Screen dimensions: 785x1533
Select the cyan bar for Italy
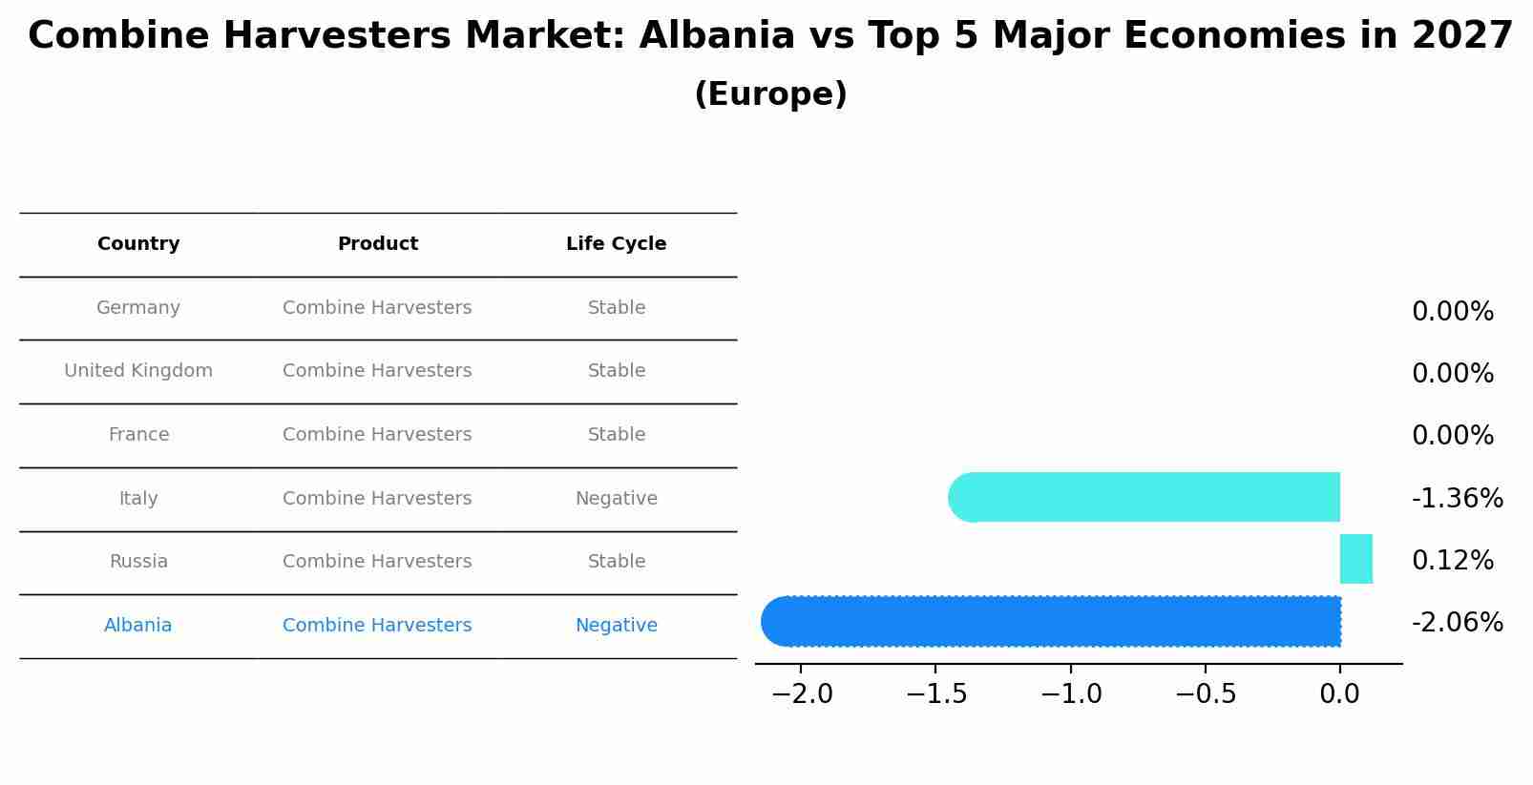pos(1145,497)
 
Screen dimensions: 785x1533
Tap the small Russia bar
pos(1355,559)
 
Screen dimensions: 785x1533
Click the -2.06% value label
pos(1457,623)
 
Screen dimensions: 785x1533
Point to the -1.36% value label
pos(1457,498)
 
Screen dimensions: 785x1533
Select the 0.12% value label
pos(1452,561)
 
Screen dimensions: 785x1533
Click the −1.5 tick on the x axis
pos(935,694)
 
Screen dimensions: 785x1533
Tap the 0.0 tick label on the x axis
pos(1339,694)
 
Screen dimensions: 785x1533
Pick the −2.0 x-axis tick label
pos(801,694)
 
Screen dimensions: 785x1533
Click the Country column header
pos(138,244)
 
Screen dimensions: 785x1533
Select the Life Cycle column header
pos(616,244)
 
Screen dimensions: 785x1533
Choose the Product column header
pos(377,244)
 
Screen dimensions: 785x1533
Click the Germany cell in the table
pos(138,308)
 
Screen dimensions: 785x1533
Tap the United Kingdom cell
pos(138,371)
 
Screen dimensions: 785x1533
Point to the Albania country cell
pos(138,626)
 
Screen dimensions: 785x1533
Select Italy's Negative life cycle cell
pos(616,499)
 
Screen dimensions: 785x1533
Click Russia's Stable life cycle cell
pos(616,562)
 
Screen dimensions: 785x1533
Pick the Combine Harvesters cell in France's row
pos(377,435)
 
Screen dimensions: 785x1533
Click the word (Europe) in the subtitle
pos(770,94)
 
